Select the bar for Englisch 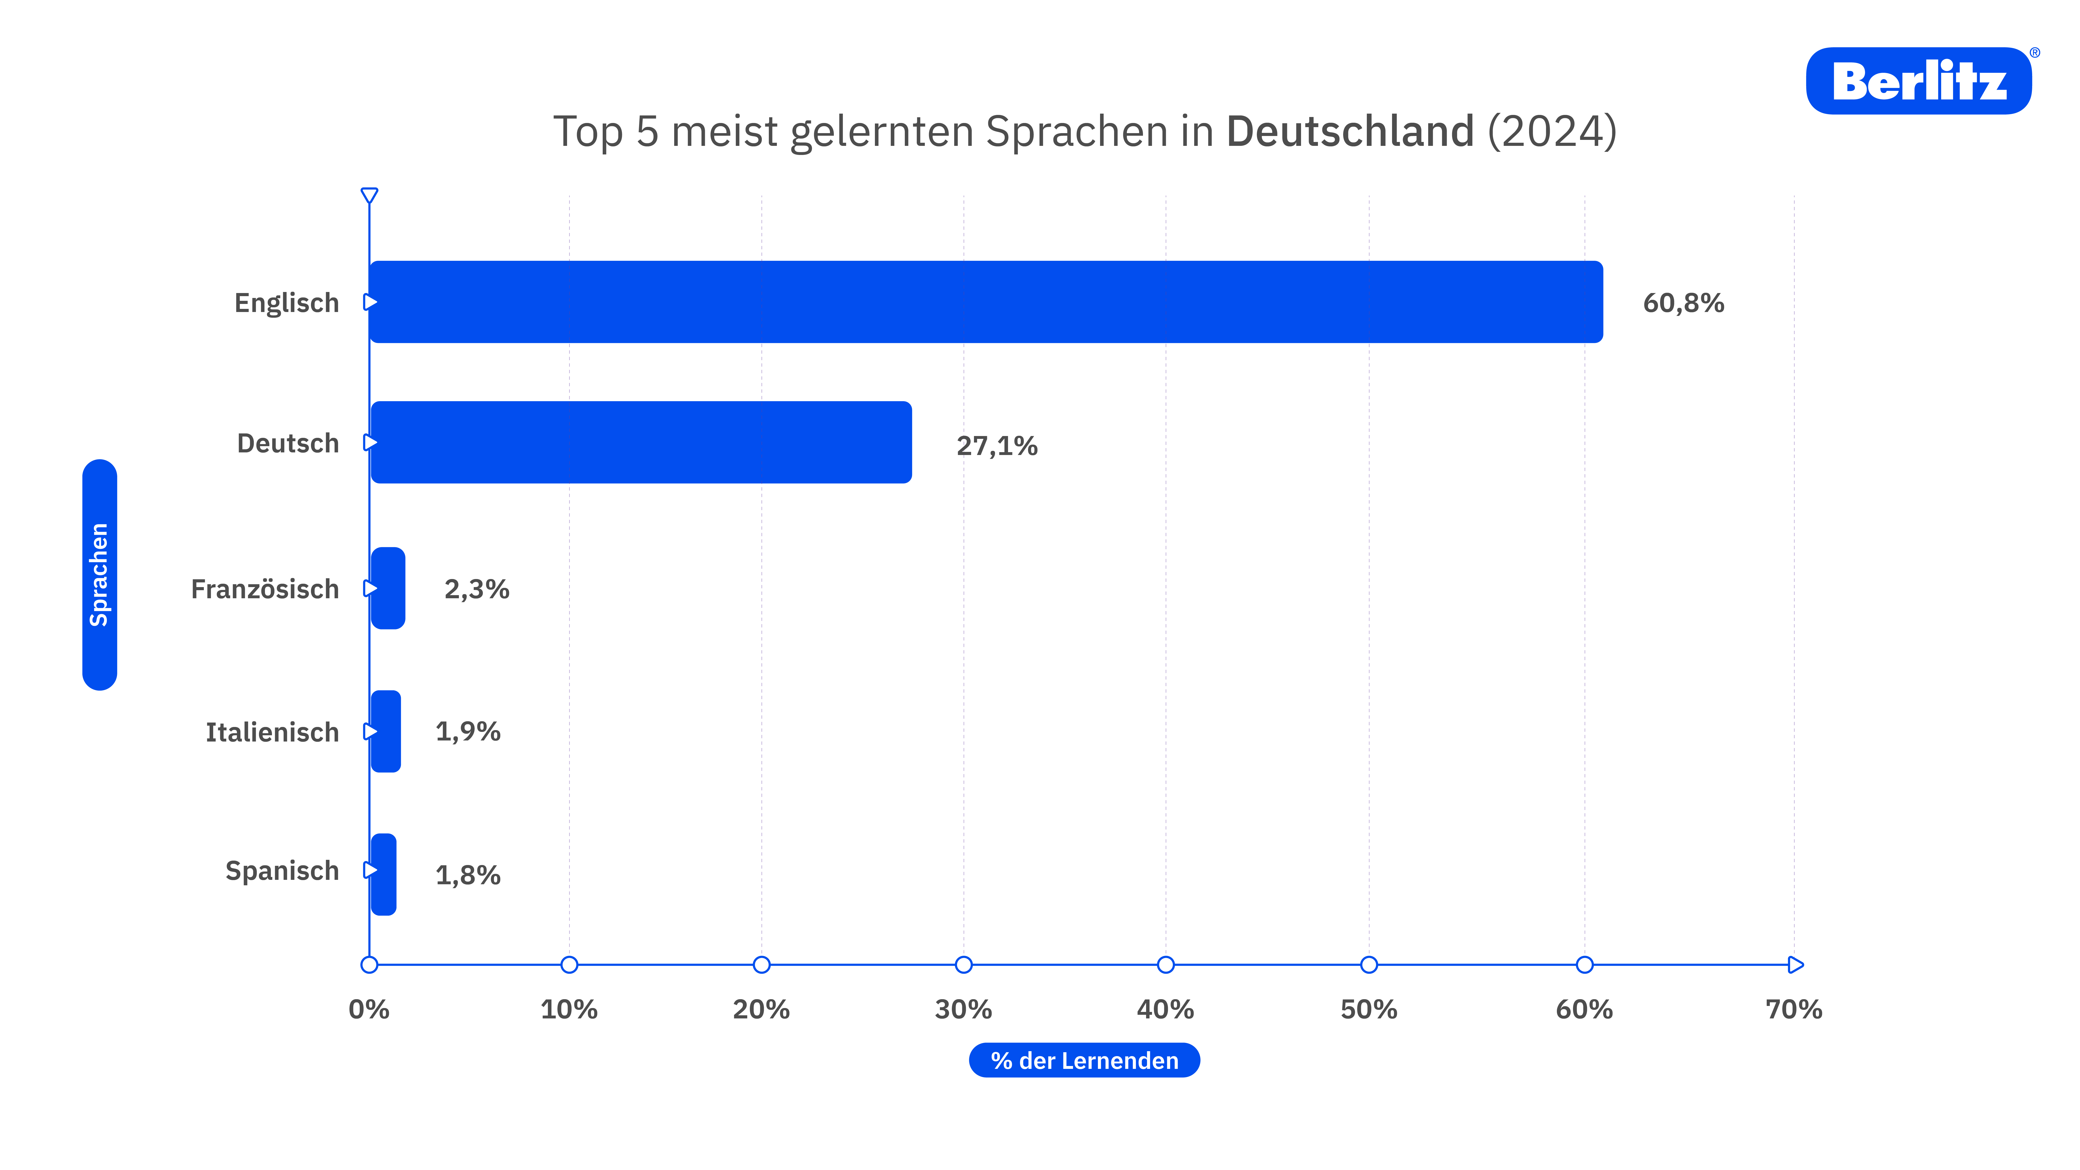coord(985,302)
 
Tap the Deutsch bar coord(641,443)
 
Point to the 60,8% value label coord(1683,304)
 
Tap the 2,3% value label coord(476,589)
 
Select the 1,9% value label coord(467,732)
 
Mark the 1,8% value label coord(467,875)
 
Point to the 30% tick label coord(963,1009)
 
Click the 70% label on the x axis coord(1793,1009)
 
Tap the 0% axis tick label coord(369,1009)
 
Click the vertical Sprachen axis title coord(99,575)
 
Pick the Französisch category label coord(265,589)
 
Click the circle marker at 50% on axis coord(1369,965)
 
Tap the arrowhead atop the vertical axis coord(369,196)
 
